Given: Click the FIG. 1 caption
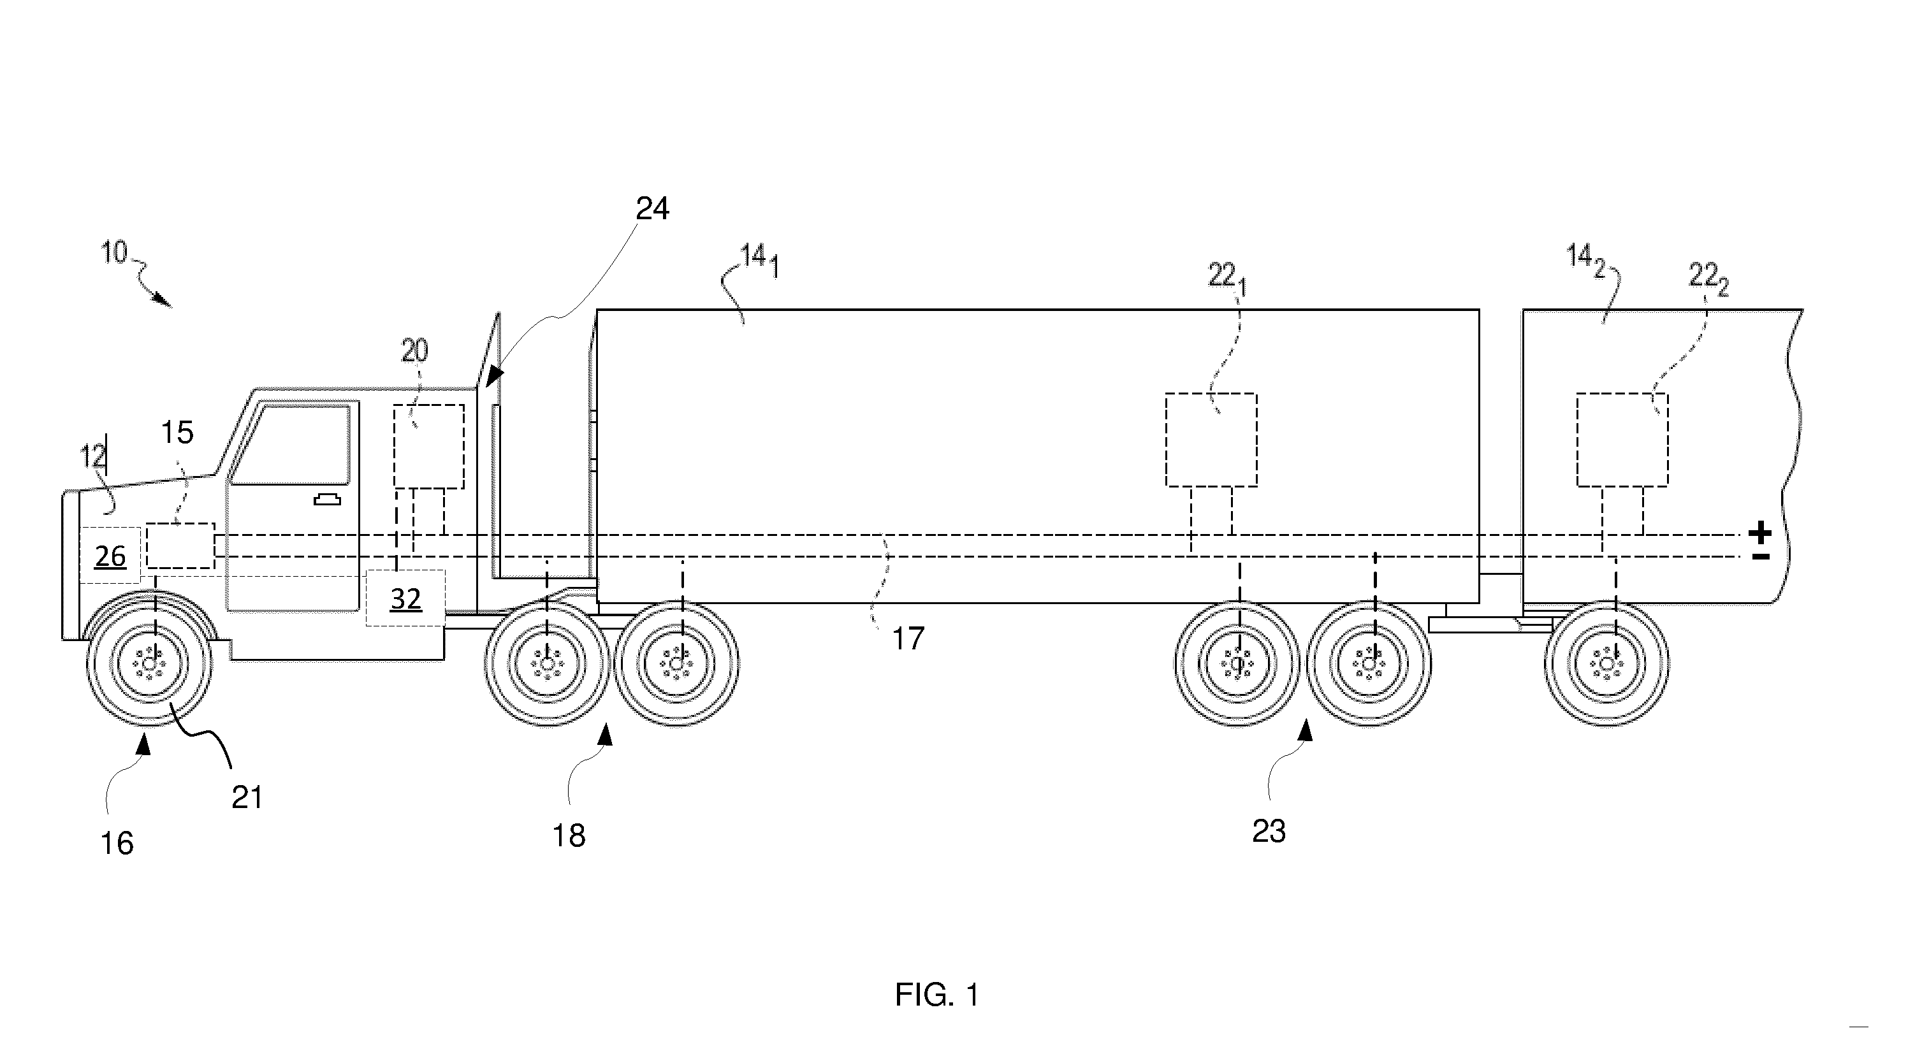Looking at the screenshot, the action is [937, 995].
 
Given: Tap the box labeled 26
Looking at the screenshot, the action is [110, 555].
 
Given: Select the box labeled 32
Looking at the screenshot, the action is [405, 598].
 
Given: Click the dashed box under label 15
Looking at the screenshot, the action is [180, 546].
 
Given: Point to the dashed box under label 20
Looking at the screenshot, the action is [429, 447].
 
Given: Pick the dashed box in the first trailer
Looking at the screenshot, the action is [1211, 440].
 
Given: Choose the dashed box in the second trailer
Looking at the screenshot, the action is [1622, 440].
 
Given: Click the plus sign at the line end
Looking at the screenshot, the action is [1760, 533].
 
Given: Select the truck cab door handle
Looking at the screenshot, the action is [327, 499].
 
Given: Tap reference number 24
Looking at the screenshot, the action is [652, 209].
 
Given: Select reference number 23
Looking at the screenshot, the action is [1269, 831].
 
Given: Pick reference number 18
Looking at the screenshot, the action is [569, 835].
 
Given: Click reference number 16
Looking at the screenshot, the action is [117, 843].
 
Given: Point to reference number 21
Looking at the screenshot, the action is [247, 798].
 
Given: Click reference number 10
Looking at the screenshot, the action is [115, 253].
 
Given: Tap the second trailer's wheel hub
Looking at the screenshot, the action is [1606, 663].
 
